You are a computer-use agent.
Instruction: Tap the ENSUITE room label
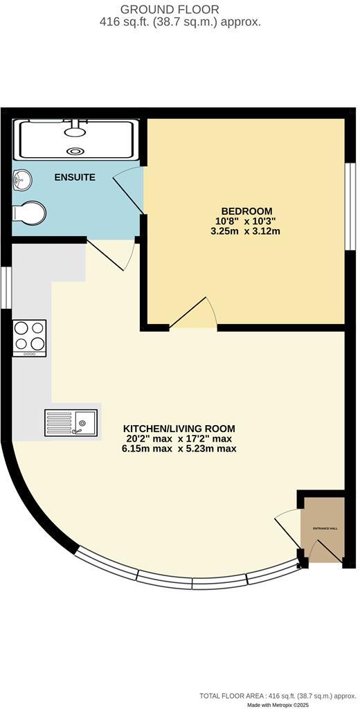pyautogui.click(x=75, y=177)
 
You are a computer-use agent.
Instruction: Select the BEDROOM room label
pyautogui.click(x=246, y=211)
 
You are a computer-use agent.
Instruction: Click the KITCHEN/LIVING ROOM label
pyautogui.click(x=179, y=428)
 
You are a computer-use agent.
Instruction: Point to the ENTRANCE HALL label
pyautogui.click(x=325, y=528)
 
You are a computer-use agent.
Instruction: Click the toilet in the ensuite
pyautogui.click(x=30, y=213)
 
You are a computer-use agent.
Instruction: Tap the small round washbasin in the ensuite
pyautogui.click(x=21, y=181)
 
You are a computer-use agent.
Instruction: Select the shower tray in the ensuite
pyautogui.click(x=76, y=139)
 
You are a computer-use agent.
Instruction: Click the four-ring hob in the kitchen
pyautogui.click(x=30, y=337)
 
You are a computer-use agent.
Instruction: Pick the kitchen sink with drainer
pyautogui.click(x=71, y=422)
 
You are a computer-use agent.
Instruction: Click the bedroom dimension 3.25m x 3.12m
pyautogui.click(x=246, y=231)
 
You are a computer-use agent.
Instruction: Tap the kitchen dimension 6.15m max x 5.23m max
pyautogui.click(x=179, y=448)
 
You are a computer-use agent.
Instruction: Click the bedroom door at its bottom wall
pyautogui.click(x=193, y=314)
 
